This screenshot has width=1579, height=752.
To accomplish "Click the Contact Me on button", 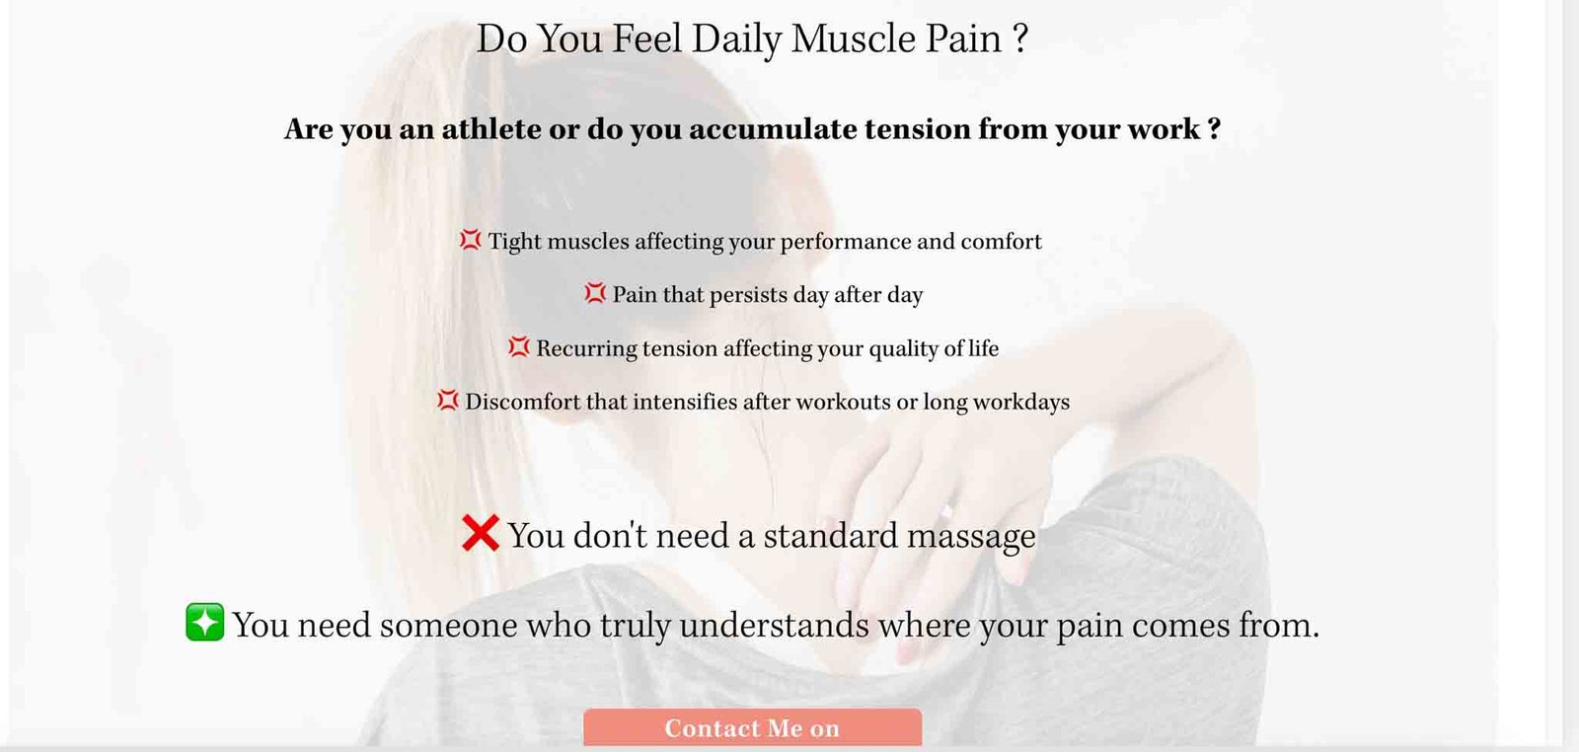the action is [752, 727].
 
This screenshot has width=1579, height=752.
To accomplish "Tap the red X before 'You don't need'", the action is [481, 533].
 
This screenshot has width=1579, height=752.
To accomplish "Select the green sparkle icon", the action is [205, 622].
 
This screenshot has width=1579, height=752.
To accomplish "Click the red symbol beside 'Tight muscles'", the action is [470, 240].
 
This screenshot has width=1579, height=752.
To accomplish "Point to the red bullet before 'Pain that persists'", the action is [595, 292].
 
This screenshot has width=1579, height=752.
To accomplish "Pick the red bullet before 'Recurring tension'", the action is [518, 346].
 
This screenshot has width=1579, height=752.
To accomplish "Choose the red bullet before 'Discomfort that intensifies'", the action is [448, 400].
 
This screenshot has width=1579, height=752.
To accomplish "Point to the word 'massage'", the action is [971, 537].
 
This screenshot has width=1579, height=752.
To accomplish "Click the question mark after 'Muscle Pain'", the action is [1019, 38].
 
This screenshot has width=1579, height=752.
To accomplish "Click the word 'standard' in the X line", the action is [830, 536].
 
